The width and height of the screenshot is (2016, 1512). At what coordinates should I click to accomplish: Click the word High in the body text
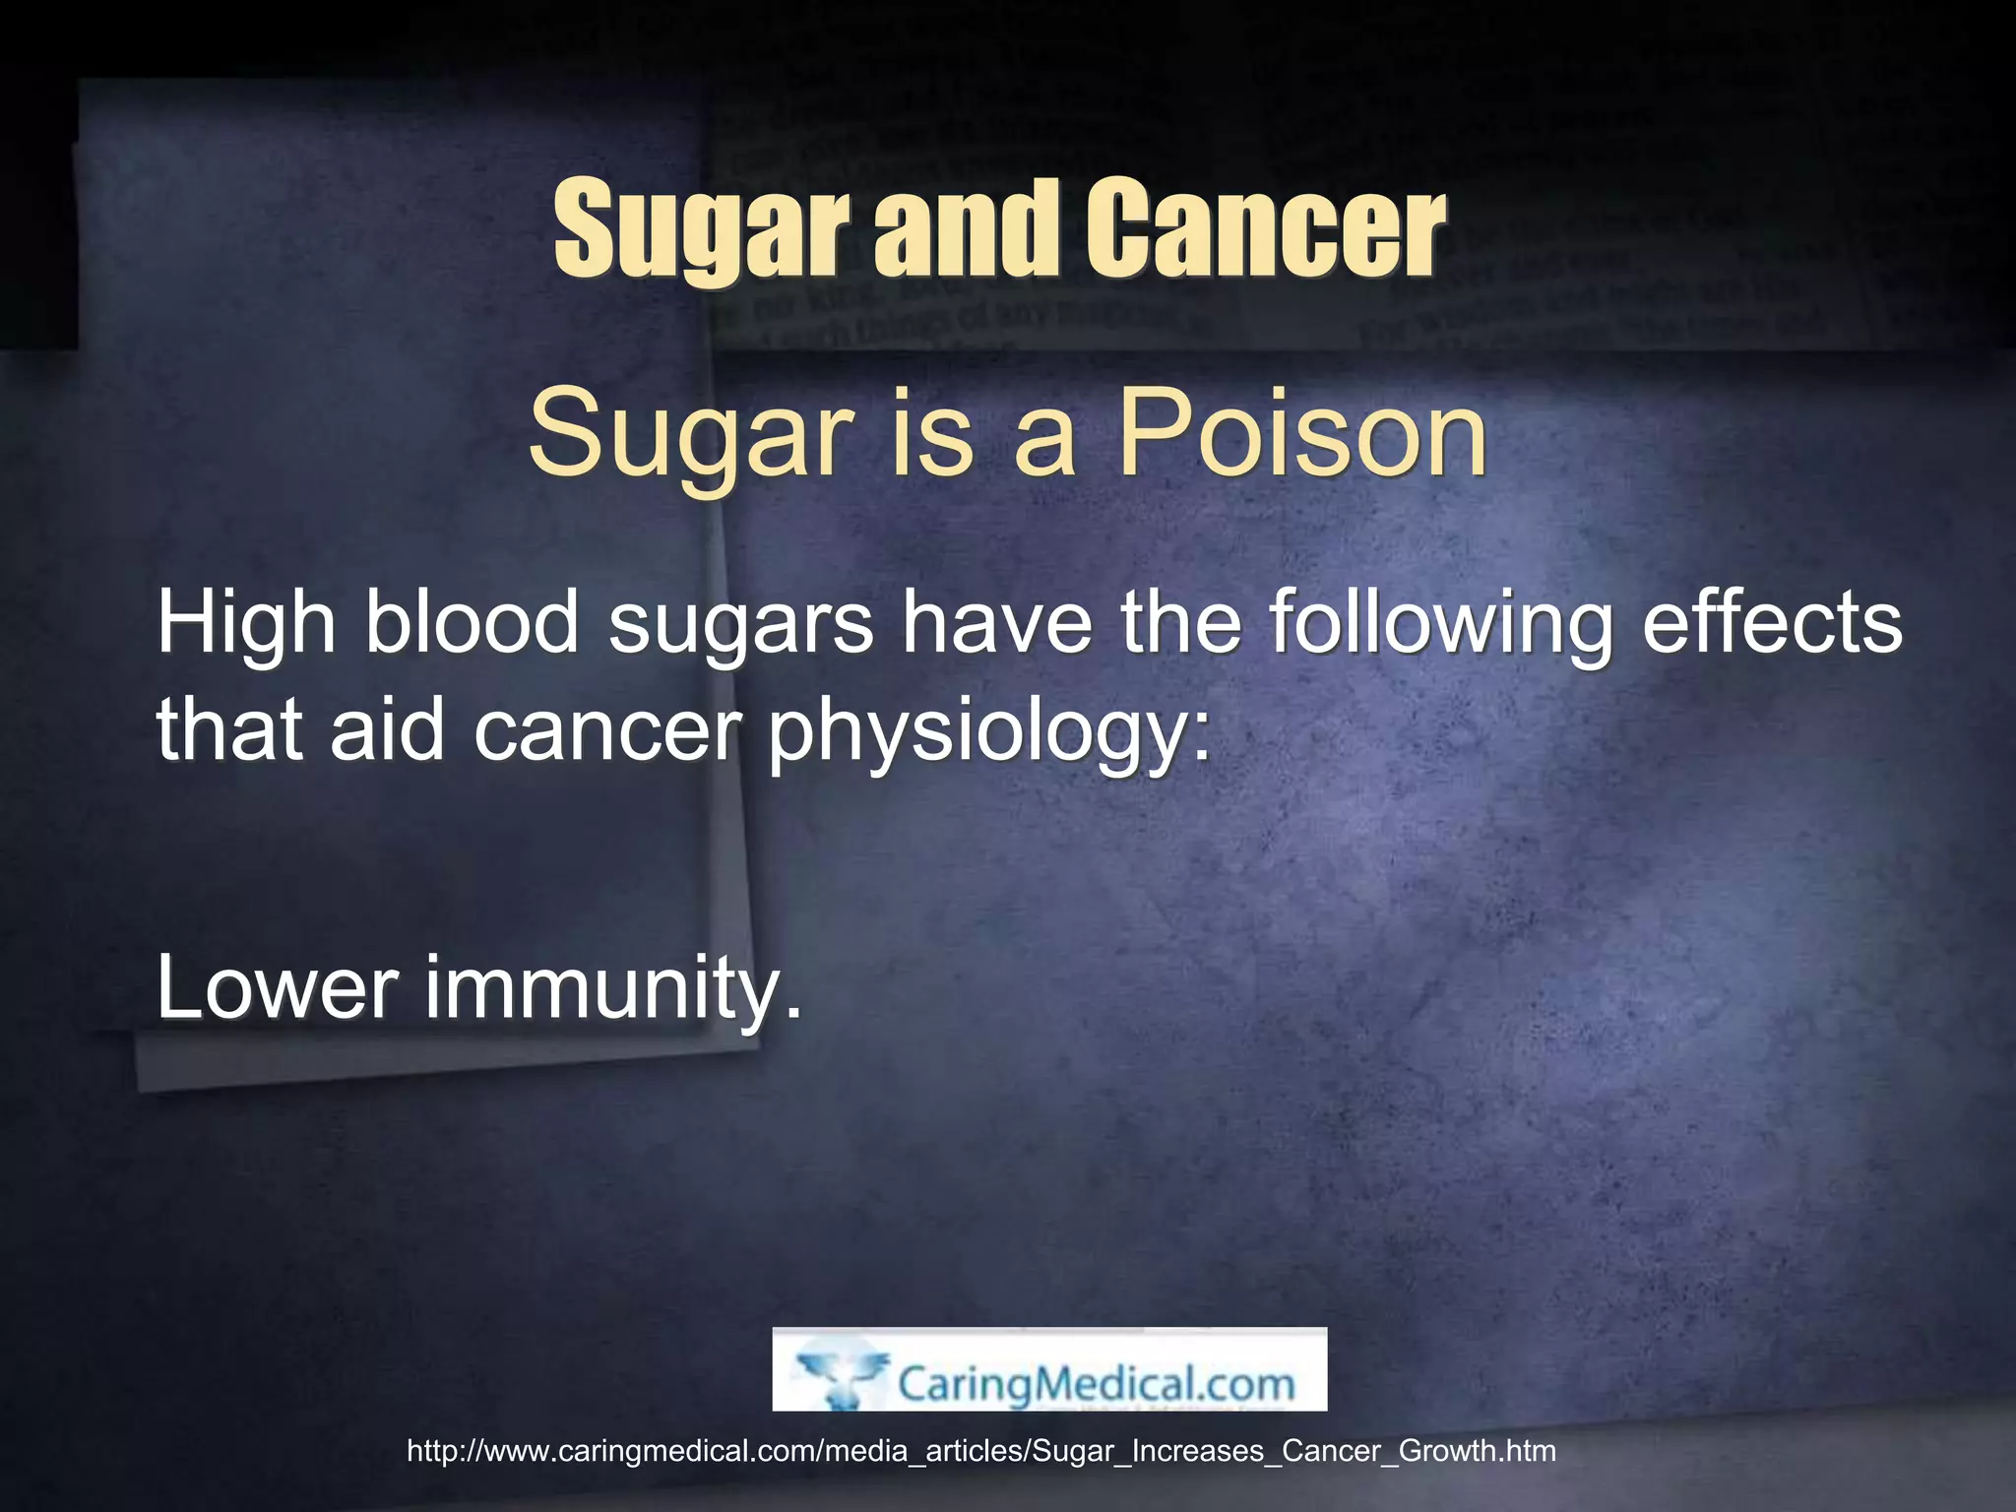246,623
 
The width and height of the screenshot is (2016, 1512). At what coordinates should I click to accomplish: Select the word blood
472,623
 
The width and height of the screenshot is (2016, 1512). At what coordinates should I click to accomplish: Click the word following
1440,623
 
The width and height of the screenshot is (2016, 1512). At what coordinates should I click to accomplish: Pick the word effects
1772,623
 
